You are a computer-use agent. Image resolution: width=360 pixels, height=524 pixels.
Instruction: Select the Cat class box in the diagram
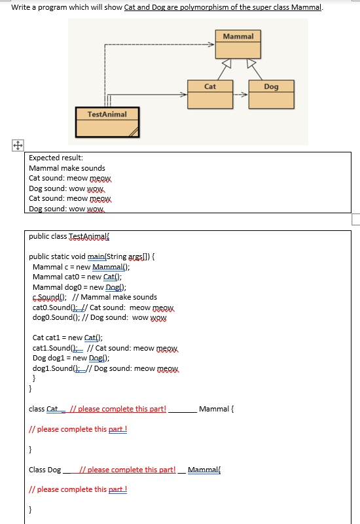[x=209, y=95]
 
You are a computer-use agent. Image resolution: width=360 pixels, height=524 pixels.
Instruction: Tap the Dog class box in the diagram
[x=271, y=95]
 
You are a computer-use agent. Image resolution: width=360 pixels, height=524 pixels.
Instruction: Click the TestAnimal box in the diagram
[x=108, y=122]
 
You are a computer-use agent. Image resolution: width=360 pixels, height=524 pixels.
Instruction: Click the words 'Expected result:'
[x=56, y=158]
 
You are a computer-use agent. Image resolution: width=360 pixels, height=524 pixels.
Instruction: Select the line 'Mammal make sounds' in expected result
[x=67, y=168]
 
